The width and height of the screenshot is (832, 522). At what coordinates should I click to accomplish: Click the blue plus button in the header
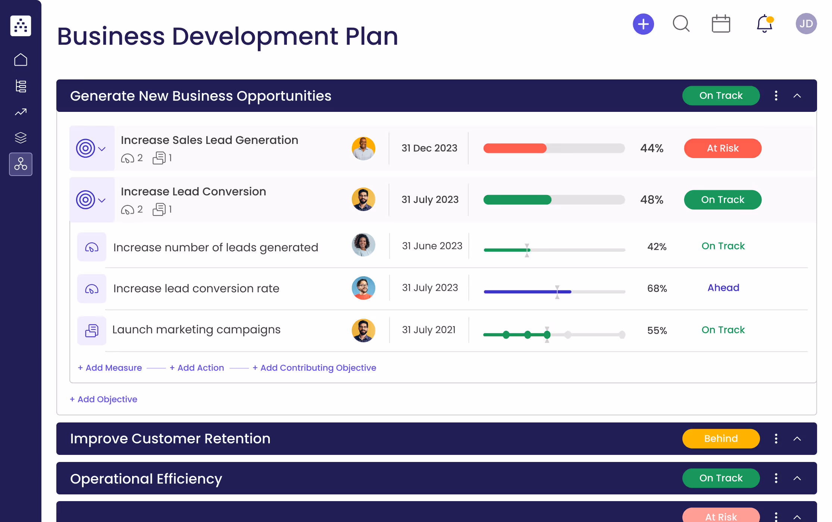pos(643,24)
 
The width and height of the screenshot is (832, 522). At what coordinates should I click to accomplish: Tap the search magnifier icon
pos(681,24)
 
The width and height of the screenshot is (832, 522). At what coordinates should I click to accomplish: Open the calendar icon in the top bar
pos(720,24)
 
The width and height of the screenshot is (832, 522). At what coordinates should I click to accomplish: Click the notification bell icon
pos(764,24)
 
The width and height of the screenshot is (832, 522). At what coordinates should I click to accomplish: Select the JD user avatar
pos(806,24)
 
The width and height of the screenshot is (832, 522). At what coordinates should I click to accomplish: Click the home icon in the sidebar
pos(21,60)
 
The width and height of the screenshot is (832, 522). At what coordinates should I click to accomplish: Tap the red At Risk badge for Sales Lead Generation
pos(722,148)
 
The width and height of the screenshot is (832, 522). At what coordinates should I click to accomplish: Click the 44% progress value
pos(651,148)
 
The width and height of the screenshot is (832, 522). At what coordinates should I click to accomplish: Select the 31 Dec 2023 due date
pos(429,148)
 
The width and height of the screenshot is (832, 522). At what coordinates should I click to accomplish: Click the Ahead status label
pos(723,288)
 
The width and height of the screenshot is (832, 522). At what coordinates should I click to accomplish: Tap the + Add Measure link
pos(110,368)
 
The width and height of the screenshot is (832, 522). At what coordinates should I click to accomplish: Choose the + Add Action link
pos(197,368)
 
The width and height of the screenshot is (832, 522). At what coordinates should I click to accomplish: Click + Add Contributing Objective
pos(314,368)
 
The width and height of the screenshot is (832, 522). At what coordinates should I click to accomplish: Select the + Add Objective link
pos(103,399)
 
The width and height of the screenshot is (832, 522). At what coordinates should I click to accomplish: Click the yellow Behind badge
pos(720,438)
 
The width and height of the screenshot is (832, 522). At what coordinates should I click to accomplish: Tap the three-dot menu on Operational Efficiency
pos(776,478)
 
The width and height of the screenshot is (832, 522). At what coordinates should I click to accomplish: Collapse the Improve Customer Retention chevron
pos(797,439)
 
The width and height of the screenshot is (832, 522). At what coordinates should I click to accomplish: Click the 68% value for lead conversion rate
pos(657,289)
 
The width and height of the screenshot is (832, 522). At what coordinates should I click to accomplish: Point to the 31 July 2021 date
pos(429,330)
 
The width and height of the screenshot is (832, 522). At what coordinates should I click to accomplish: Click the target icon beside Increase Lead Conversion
pos(85,200)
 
